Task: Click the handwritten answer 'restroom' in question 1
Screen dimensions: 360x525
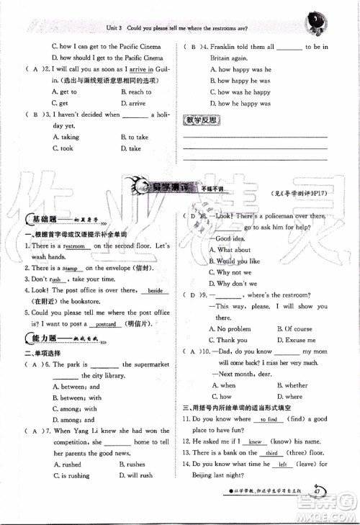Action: [71, 246]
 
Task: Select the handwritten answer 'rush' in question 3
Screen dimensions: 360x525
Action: [55, 279]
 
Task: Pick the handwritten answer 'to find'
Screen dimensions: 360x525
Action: [270, 418]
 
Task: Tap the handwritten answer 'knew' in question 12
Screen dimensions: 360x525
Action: [256, 441]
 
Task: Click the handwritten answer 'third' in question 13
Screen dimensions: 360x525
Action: [271, 452]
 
